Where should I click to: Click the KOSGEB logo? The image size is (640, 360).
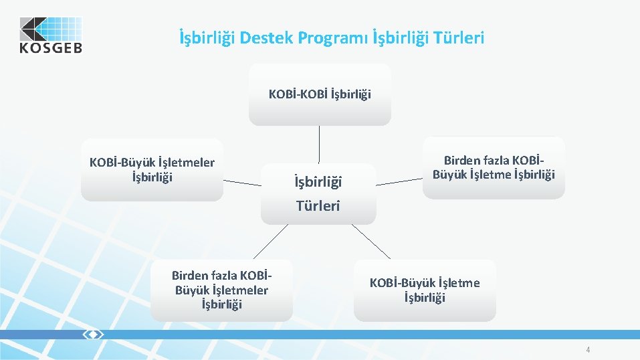[50, 35]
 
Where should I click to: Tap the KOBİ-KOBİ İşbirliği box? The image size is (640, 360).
[320, 94]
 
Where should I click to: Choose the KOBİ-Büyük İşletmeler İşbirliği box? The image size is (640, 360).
[152, 170]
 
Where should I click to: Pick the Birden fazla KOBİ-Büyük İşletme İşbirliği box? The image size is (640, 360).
[494, 168]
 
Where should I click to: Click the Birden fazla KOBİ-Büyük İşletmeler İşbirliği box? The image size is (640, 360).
[221, 290]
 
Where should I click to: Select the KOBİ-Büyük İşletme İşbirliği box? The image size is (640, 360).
[425, 290]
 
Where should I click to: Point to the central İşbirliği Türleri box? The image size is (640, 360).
[318, 193]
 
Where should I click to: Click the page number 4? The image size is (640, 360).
[588, 349]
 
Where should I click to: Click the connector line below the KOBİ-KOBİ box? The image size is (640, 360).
[319, 144]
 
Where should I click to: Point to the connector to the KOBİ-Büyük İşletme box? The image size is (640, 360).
[371, 242]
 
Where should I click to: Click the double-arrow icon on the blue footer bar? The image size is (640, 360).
[92, 334]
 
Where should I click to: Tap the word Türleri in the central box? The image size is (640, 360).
[318, 206]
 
